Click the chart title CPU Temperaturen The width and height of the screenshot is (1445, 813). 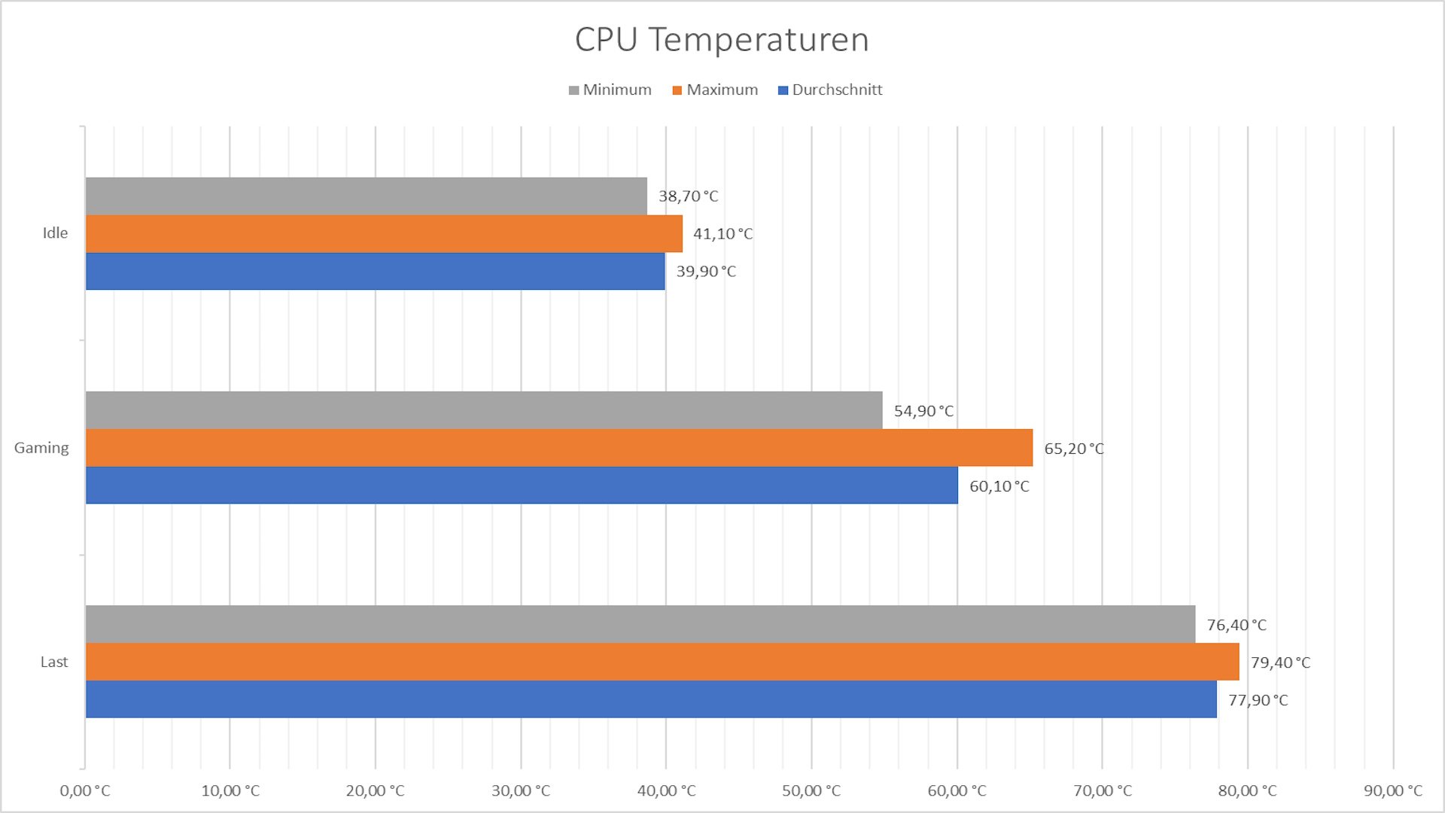click(x=722, y=39)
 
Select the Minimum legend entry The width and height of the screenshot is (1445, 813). click(x=610, y=90)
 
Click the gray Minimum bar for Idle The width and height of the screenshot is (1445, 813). click(x=366, y=196)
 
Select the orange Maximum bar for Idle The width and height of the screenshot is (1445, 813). click(x=384, y=234)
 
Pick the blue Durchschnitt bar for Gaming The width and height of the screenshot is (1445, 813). click(x=522, y=486)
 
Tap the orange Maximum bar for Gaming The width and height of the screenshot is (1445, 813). click(x=559, y=448)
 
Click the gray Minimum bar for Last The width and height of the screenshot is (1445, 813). click(x=640, y=624)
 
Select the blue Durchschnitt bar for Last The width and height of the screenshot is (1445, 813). click(x=651, y=699)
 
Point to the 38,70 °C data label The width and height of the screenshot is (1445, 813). click(x=688, y=196)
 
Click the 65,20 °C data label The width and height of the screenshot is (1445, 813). click(x=1073, y=449)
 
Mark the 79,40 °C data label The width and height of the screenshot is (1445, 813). click(x=1280, y=662)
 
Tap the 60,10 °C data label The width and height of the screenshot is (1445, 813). click(x=999, y=486)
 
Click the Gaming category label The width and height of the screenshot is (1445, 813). click(x=41, y=448)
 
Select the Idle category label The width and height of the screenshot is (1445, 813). click(x=55, y=233)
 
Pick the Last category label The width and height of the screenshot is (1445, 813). click(x=54, y=662)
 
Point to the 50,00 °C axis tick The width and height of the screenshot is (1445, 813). click(x=811, y=790)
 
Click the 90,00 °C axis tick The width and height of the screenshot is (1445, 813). click(x=1393, y=790)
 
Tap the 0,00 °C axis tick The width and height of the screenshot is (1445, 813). click(x=85, y=790)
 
